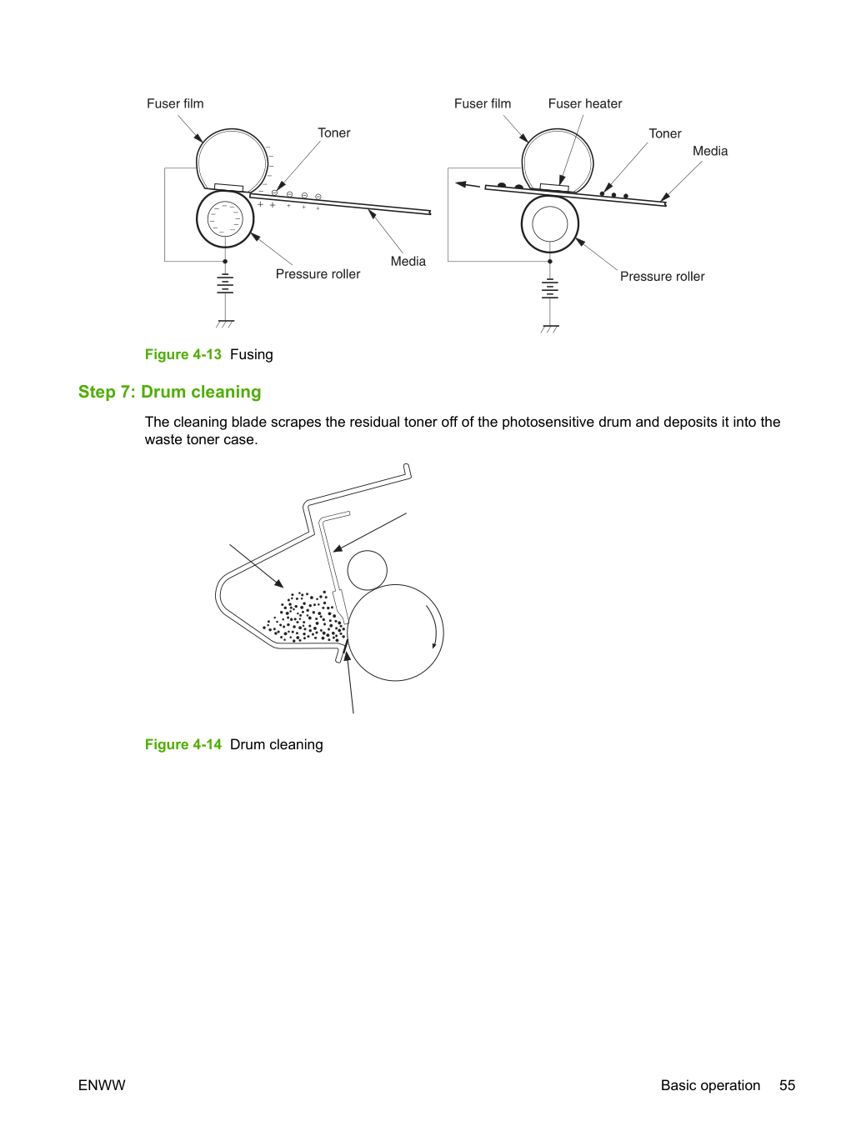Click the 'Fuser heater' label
[x=585, y=104]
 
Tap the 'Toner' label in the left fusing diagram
[x=334, y=133]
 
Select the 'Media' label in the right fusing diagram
[x=710, y=152]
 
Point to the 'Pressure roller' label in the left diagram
[x=318, y=274]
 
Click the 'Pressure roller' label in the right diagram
[x=662, y=277]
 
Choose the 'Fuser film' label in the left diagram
[x=175, y=104]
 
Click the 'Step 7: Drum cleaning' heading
[x=170, y=392]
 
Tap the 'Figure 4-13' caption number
[x=183, y=354]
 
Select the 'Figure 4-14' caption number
[x=183, y=744]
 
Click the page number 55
[x=787, y=1085]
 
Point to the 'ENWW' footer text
[x=102, y=1085]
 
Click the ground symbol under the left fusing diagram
[x=225, y=323]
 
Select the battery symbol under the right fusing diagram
[x=550, y=288]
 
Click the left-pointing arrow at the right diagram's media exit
[x=468, y=185]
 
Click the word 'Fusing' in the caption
[x=252, y=354]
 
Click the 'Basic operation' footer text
[x=710, y=1085]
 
